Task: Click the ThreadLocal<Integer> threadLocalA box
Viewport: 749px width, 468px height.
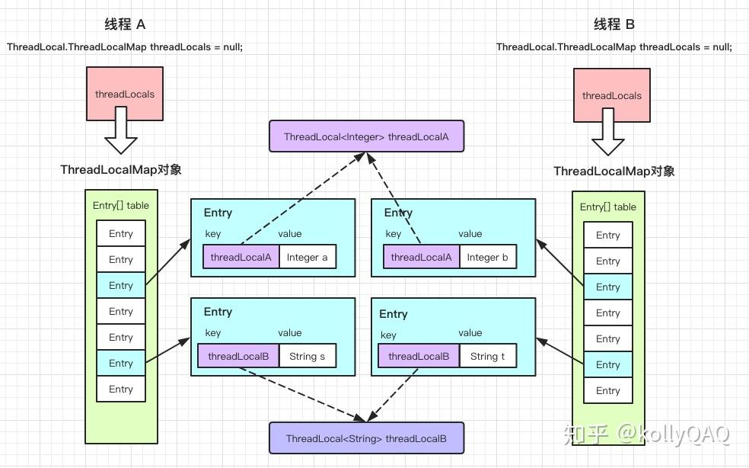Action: [366, 136]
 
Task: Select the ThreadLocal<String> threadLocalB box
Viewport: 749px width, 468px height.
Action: [366, 438]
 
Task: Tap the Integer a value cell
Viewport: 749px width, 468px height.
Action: [308, 257]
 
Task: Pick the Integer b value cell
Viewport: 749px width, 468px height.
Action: [487, 257]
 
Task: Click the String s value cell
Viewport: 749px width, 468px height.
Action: [308, 356]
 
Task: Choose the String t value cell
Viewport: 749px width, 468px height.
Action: [487, 356]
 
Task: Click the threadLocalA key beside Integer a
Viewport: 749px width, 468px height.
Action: [241, 257]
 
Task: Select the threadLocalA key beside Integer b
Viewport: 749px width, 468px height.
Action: [421, 257]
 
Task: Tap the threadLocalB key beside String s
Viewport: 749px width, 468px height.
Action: [238, 356]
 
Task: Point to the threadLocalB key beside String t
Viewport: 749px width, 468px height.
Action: [419, 356]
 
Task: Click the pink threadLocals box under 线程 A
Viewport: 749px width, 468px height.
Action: [125, 94]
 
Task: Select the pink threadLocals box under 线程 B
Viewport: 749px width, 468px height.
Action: [612, 95]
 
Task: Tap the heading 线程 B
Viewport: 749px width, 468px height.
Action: [614, 24]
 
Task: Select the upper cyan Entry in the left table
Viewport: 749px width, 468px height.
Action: [120, 286]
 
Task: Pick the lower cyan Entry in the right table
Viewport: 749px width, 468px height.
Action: [607, 364]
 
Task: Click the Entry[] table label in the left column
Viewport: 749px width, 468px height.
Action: [120, 205]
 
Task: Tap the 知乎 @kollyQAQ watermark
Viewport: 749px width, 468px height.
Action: [646, 434]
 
